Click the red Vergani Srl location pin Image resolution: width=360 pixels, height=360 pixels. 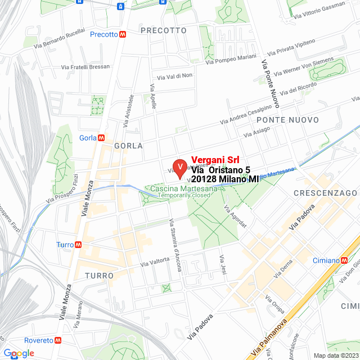(x=179, y=168)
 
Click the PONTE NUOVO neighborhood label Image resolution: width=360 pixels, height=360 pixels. (x=287, y=120)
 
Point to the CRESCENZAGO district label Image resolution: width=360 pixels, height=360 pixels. (x=325, y=193)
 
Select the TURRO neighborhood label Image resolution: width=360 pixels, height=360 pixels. (x=100, y=276)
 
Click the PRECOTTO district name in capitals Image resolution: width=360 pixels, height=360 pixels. (x=163, y=30)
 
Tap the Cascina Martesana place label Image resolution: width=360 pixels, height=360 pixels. (x=183, y=189)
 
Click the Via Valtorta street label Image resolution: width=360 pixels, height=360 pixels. (x=155, y=261)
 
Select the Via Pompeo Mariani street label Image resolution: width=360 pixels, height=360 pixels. (x=231, y=59)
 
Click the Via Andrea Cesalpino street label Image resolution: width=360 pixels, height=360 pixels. (x=245, y=114)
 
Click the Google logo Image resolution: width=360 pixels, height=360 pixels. (x=19, y=353)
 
